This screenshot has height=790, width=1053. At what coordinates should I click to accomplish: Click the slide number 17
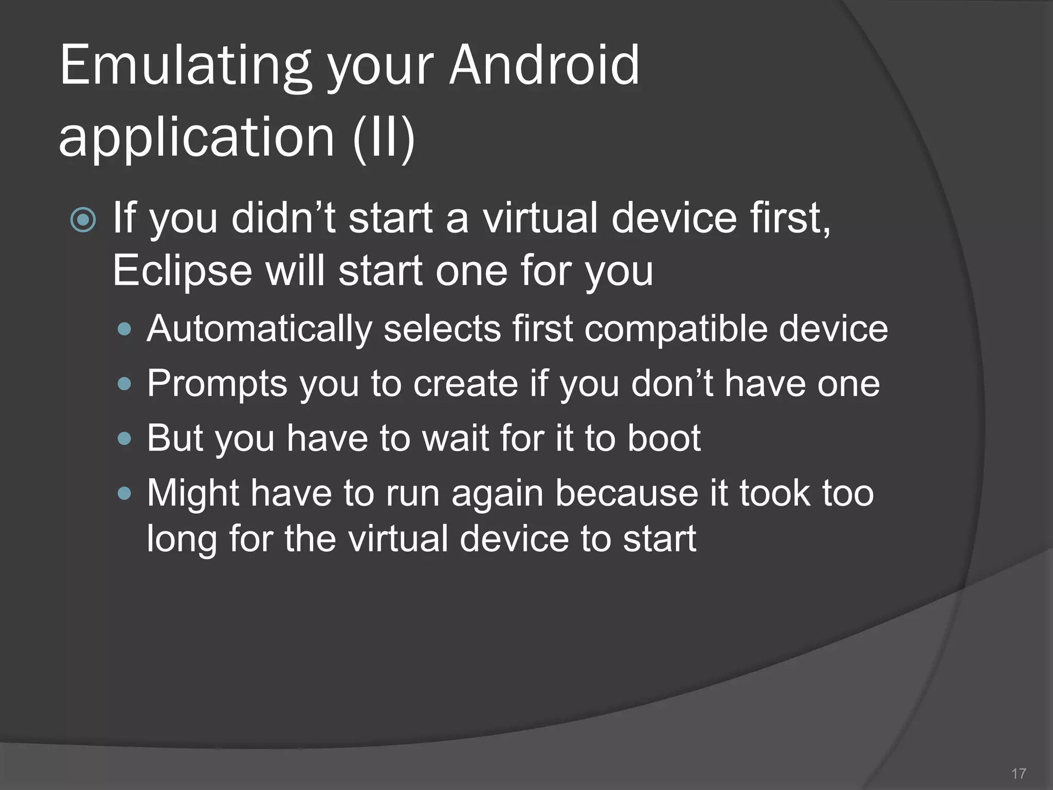click(x=1018, y=774)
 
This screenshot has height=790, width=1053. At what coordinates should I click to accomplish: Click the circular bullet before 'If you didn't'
click(x=83, y=220)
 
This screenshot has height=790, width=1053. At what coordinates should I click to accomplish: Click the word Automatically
click(x=259, y=329)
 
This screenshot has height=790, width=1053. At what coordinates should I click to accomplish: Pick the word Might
click(x=193, y=493)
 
